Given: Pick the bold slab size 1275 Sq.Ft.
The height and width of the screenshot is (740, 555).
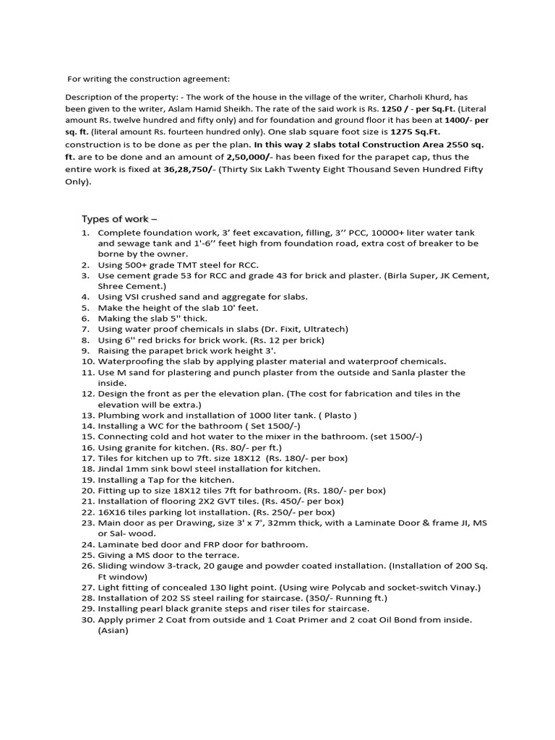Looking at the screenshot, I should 415,132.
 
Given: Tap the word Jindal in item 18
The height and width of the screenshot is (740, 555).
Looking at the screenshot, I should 111,469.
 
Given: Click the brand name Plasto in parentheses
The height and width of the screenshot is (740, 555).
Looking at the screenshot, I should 340,416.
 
